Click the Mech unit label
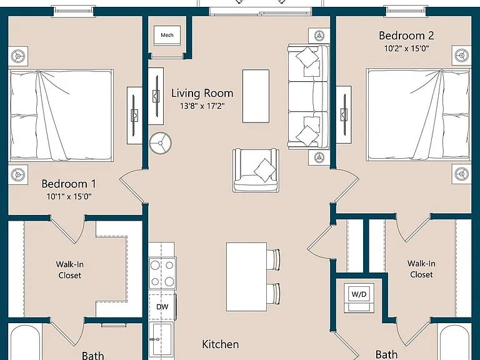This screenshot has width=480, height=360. [167, 35]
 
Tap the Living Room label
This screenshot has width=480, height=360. [202, 93]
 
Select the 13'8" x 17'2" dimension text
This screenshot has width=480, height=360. [202, 106]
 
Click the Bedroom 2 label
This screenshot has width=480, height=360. [406, 36]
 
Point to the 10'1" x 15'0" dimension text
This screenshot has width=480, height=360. [69, 196]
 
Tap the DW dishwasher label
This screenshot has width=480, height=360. [162, 307]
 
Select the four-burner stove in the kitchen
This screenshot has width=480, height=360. [162, 273]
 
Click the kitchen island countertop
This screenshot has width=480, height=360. [246, 277]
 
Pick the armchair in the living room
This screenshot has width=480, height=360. [256, 170]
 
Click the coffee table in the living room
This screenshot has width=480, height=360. [256, 96]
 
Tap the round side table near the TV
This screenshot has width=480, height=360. [161, 143]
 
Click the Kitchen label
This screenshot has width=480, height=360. [221, 344]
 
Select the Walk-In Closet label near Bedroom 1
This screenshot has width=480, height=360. [70, 270]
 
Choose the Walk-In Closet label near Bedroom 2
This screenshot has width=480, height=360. [421, 269]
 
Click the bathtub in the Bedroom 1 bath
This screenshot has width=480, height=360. [25, 342]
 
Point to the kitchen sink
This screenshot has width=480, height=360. [161, 341]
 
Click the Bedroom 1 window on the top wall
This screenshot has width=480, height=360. [73, 11]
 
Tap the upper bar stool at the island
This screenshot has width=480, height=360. [273, 260]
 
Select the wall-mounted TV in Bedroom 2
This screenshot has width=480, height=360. [344, 114]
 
